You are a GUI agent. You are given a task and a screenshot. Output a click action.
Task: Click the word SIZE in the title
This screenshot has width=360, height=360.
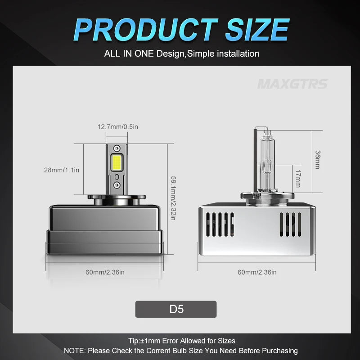click(x=257, y=30)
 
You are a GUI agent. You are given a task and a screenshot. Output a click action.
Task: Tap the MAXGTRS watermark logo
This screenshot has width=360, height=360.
click(x=292, y=84)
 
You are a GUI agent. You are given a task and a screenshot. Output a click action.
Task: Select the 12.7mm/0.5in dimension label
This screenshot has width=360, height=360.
click(x=118, y=127)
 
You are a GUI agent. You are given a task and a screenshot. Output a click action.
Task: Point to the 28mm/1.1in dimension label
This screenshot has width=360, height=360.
click(x=62, y=170)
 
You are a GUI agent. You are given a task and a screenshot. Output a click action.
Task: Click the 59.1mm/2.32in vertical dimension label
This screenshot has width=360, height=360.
click(x=174, y=198)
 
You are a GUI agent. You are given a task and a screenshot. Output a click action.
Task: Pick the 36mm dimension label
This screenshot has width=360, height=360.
click(x=318, y=160)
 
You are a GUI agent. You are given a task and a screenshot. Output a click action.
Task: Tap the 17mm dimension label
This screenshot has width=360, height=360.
click(x=298, y=179)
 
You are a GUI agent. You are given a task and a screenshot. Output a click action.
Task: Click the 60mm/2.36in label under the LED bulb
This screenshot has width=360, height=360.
click(x=105, y=272)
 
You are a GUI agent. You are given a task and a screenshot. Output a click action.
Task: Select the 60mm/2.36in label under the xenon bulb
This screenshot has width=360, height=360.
click(x=257, y=272)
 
